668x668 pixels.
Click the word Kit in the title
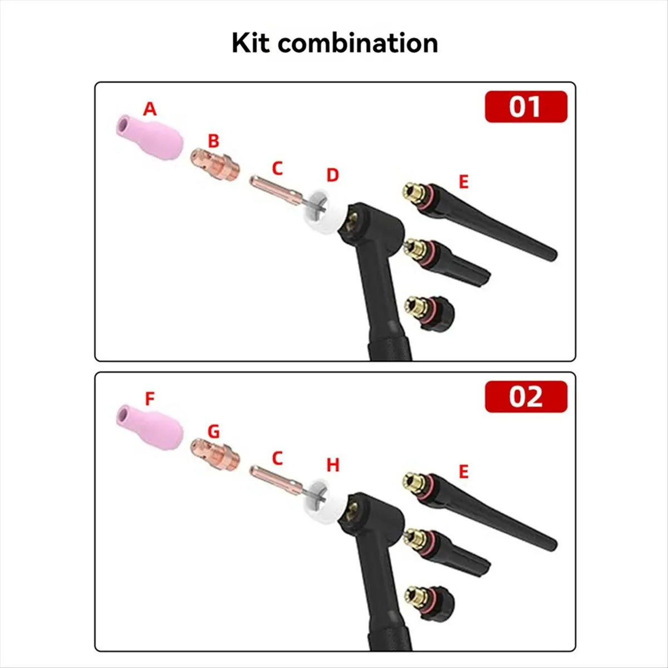[250, 43]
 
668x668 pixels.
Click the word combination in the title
[358, 43]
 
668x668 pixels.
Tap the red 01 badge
[525, 106]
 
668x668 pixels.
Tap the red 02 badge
[525, 396]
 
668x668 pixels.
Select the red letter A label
[150, 109]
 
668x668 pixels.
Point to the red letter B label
[214, 141]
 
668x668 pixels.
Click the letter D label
[332, 175]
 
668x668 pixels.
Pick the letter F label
[150, 399]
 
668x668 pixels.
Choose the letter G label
[213, 431]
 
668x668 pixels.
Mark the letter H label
[333, 465]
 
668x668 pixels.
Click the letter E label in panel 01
[463, 181]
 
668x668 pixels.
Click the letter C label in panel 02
[277, 458]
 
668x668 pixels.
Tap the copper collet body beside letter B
[216, 165]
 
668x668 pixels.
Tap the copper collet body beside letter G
[216, 453]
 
